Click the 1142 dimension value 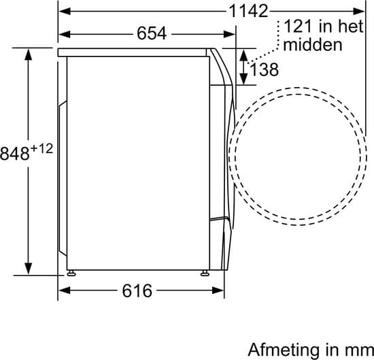pyautogui.click(x=248, y=11)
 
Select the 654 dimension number pyautogui.click(x=152, y=33)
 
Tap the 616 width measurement pyautogui.click(x=137, y=291)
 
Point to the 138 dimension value pyautogui.click(x=264, y=69)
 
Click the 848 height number pyautogui.click(x=15, y=154)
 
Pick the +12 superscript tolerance pyautogui.click(x=41, y=149)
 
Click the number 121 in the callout pyautogui.click(x=298, y=27)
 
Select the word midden pyautogui.click(x=313, y=44)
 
